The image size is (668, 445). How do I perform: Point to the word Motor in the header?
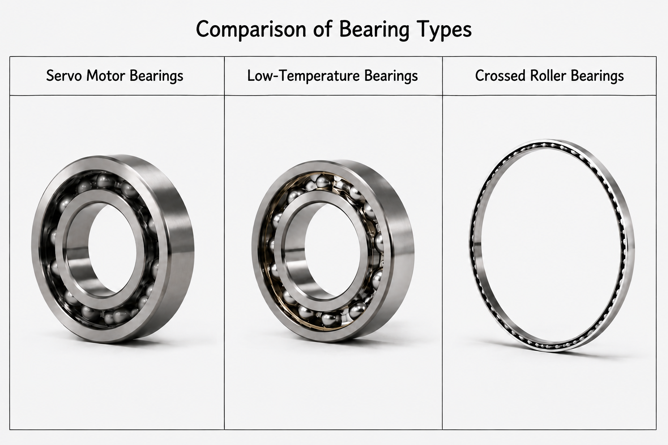pyautogui.click(x=106, y=76)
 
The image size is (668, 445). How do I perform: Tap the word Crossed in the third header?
pyautogui.click(x=500, y=76)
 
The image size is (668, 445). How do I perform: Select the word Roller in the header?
pyautogui.click(x=548, y=76)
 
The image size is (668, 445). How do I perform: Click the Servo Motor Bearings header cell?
pyautogui.click(x=117, y=76)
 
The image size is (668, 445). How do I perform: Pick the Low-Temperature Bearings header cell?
pyautogui.click(x=334, y=76)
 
